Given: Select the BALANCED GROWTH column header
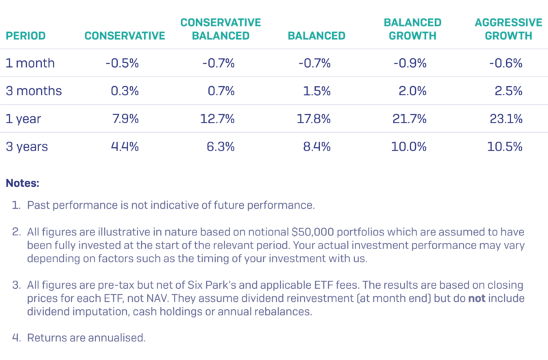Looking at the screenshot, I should coord(412,29).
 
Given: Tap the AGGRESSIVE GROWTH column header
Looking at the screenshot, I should coord(503,29).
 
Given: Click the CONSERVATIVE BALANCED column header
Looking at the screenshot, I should coord(221,29).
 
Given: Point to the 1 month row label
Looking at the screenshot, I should coord(30,63).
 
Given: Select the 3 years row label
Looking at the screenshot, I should coord(27,146).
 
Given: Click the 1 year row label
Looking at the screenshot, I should coord(23,119).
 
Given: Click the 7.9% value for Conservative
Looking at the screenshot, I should coord(125,119).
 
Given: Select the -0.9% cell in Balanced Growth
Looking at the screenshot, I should coord(410,63).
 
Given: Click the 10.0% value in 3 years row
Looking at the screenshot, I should coord(412,146).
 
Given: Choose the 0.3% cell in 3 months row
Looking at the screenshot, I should coord(125,91).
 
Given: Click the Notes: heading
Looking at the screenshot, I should coord(23,183).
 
